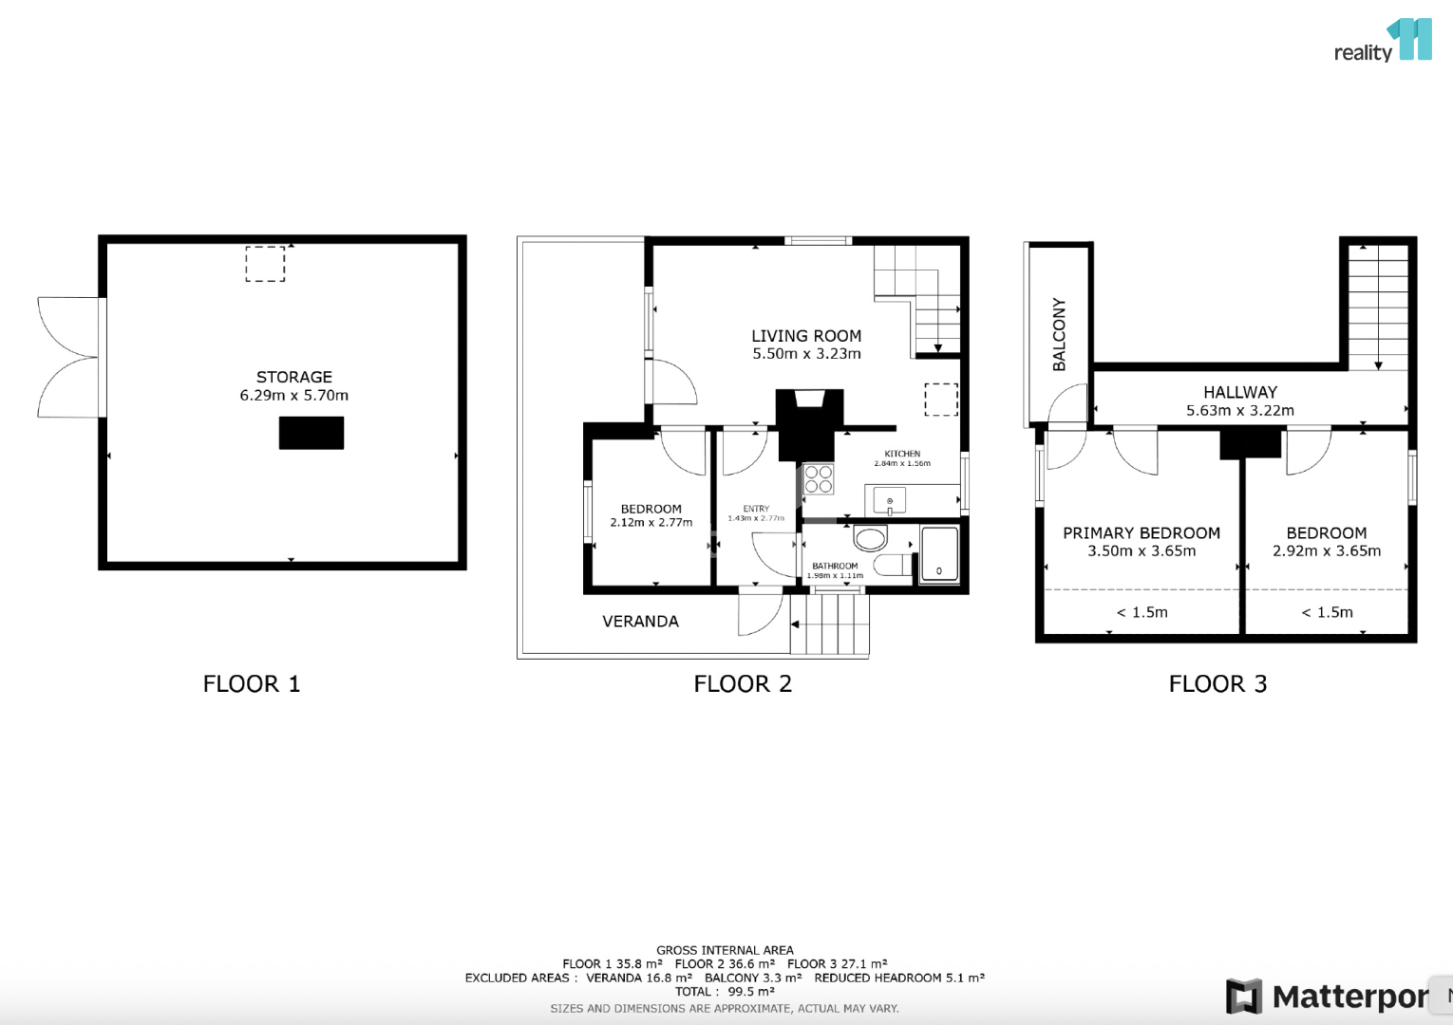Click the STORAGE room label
pyautogui.click(x=293, y=377)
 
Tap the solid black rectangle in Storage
pyautogui.click(x=311, y=433)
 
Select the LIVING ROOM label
pyautogui.click(x=806, y=336)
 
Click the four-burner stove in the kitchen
pyautogui.click(x=819, y=479)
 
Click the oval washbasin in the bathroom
pyautogui.click(x=870, y=538)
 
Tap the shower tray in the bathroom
pyautogui.click(x=939, y=555)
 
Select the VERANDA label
pyautogui.click(x=640, y=622)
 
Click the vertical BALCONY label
pyautogui.click(x=1059, y=334)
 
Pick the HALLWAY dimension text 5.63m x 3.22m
pyautogui.click(x=1240, y=410)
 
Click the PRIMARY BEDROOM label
pyautogui.click(x=1141, y=533)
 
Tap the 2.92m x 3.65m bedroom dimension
pyautogui.click(x=1327, y=551)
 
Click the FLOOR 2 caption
pyautogui.click(x=743, y=684)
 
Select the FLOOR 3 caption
pyautogui.click(x=1217, y=684)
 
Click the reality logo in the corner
pyautogui.click(x=1383, y=40)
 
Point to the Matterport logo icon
pyautogui.click(x=1244, y=996)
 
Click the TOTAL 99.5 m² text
pyautogui.click(x=725, y=991)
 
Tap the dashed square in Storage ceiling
pyautogui.click(x=265, y=264)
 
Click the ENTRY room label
pyautogui.click(x=756, y=509)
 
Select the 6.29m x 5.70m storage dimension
pyautogui.click(x=293, y=396)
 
